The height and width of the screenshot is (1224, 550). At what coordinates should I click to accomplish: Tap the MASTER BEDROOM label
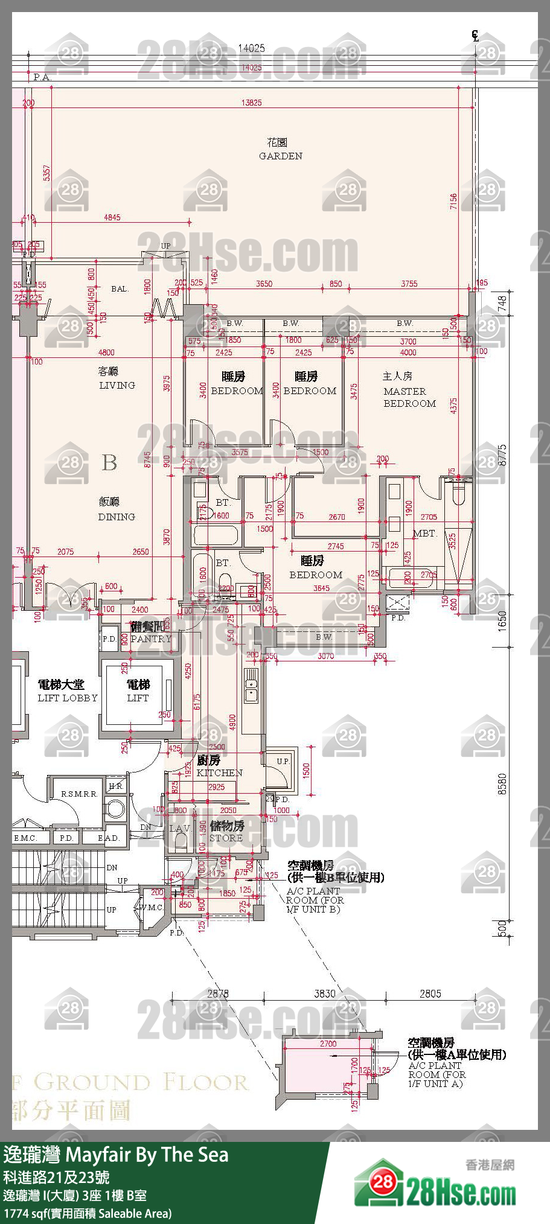(409, 397)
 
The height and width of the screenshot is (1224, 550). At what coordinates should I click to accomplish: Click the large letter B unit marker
(109, 462)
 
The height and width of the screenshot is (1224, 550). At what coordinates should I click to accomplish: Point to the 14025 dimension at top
(251, 48)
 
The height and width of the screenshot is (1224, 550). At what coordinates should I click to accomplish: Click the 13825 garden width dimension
(251, 103)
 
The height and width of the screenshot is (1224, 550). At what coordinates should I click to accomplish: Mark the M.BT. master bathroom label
(424, 533)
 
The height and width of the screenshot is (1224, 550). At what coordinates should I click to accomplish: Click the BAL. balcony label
(120, 288)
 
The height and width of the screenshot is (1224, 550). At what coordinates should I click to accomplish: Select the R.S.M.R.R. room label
(78, 794)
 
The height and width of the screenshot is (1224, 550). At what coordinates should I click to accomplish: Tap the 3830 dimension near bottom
(324, 993)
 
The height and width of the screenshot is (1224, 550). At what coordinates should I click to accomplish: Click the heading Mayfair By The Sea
(147, 1155)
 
